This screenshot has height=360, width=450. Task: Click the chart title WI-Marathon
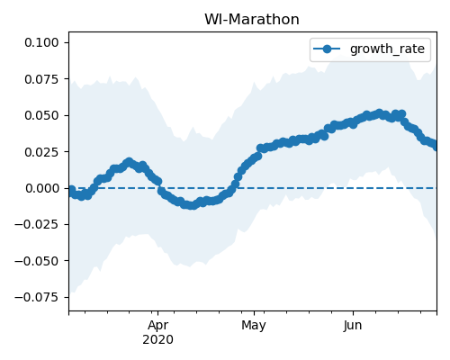click(x=252, y=20)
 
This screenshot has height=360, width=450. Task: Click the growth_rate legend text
click(x=387, y=49)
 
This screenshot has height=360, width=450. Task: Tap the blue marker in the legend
click(x=327, y=49)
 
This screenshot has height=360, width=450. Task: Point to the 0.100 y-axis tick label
click(x=41, y=42)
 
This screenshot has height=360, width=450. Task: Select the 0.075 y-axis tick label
click(x=41, y=79)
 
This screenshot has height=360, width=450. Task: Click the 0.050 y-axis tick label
click(x=41, y=115)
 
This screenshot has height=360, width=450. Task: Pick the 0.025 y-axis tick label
click(x=41, y=152)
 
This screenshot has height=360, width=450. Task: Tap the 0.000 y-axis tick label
click(x=41, y=188)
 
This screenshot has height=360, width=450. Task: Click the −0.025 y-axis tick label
click(x=37, y=225)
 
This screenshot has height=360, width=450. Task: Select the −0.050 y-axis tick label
click(x=37, y=261)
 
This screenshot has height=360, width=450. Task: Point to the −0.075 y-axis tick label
click(x=37, y=298)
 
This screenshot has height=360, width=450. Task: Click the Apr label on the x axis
click(x=157, y=326)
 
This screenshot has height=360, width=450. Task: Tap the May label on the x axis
click(x=254, y=326)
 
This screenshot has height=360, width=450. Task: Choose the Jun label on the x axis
click(x=353, y=326)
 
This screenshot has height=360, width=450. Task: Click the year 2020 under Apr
click(x=157, y=340)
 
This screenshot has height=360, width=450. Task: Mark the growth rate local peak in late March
click(x=129, y=162)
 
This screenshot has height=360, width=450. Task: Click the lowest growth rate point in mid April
click(x=193, y=206)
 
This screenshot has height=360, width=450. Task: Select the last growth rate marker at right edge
click(x=436, y=147)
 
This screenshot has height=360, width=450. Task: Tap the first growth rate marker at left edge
click(x=71, y=190)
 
